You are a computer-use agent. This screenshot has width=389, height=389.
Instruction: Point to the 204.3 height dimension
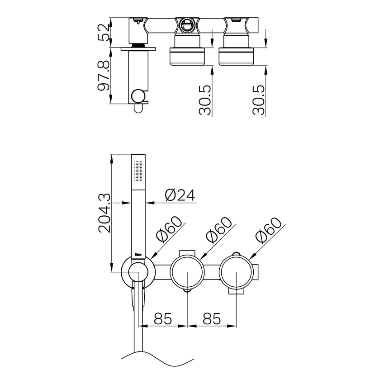coord(104,213)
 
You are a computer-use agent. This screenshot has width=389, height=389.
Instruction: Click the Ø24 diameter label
coord(180,195)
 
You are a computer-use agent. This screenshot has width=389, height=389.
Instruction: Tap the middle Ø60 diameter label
coord(219,230)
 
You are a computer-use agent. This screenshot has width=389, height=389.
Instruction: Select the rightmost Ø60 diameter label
coord(269,230)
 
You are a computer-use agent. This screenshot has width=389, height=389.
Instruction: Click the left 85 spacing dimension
coord(163,318)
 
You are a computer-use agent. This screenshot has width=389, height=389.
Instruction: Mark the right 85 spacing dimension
coord(212,318)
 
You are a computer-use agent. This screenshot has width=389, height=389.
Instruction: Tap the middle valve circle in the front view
coord(187,273)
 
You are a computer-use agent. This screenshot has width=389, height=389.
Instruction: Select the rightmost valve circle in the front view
coord(237,273)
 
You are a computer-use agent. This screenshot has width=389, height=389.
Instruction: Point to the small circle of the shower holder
coord(138,273)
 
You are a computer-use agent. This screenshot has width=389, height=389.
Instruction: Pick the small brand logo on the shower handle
coord(139,255)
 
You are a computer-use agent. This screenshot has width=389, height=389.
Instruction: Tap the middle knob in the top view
coord(187,56)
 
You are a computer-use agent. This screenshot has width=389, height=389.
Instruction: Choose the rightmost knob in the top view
coord(237,56)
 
